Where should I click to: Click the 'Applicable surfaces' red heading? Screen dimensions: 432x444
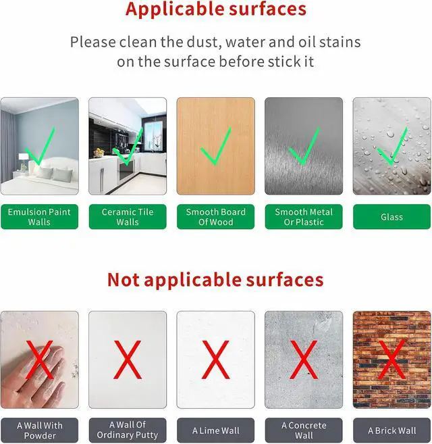[216, 9]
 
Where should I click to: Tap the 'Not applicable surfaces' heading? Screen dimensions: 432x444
[215, 280]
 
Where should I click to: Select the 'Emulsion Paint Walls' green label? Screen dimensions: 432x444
[39, 217]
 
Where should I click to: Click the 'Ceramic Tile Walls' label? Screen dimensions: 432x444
[128, 217]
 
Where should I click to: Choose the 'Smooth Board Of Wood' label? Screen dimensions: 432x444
[215, 217]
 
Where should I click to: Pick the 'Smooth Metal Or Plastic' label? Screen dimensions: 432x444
[304, 217]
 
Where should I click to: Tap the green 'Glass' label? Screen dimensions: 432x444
[391, 217]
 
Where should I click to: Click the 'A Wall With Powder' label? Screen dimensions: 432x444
[39, 430]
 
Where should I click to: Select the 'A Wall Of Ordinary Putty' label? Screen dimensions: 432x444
[128, 430]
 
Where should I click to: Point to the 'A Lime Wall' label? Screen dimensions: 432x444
[215, 430]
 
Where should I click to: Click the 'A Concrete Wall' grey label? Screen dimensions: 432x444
[304, 430]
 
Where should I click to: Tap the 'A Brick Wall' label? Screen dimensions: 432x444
[391, 430]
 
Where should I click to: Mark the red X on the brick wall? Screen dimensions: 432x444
[391, 360]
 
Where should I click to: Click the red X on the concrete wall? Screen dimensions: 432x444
[304, 360]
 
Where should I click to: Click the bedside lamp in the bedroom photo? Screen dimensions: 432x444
[23, 162]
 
